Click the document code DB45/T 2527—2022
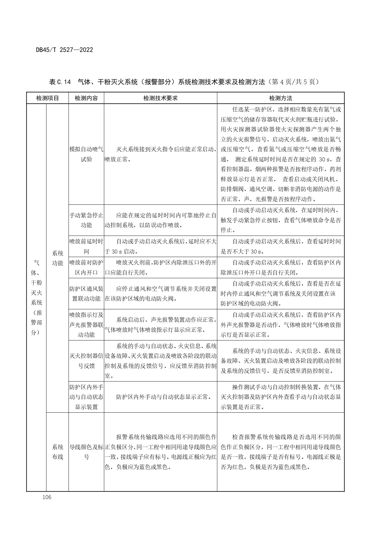coord(64,50)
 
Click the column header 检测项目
coord(47,98)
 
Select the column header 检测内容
coord(86,98)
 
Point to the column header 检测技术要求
coord(160,98)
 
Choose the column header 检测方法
coord(280,98)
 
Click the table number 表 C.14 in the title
coord(60,82)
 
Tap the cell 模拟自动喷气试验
coord(86,154)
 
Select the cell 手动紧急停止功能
coord(86,220)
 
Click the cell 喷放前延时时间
coord(86,246)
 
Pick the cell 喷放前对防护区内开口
coord(86,267)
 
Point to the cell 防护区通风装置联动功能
coord(86,294)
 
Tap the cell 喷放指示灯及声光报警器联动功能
coord(86,325)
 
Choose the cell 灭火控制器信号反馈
coord(86,361)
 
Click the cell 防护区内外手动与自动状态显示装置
coord(86,397)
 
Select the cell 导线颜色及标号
coord(86,452)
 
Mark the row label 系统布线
coord(58,452)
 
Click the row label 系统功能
coord(58,258)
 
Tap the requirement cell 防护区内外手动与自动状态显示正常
coord(164,397)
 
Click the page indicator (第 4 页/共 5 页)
coord(293,82)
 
